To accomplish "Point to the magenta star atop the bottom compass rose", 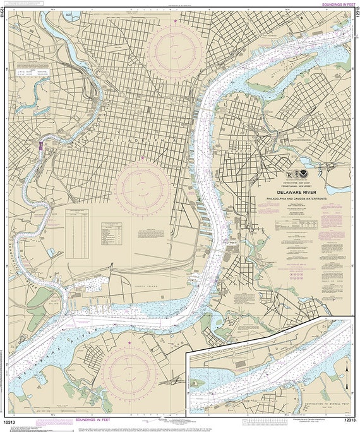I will tap(131, 343).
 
